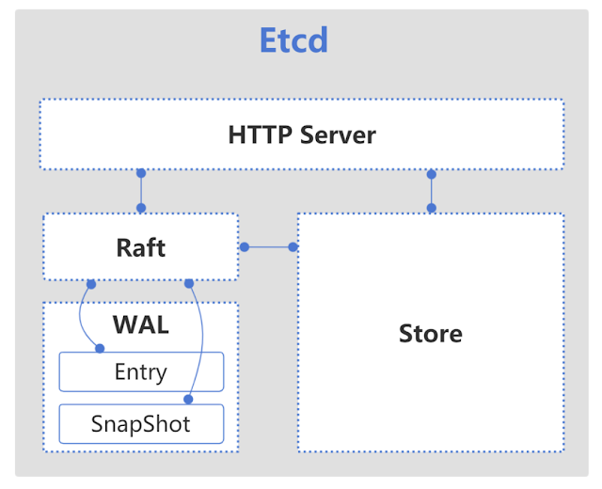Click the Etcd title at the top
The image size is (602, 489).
pyautogui.click(x=293, y=40)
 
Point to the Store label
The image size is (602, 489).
pyautogui.click(x=430, y=333)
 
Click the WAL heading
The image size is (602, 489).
pyautogui.click(x=140, y=324)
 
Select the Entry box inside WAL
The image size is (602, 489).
pyautogui.click(x=141, y=372)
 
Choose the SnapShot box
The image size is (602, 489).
pyautogui.click(x=141, y=424)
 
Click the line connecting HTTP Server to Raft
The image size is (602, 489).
pyautogui.click(x=141, y=191)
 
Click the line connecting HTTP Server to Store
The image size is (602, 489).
pyautogui.click(x=432, y=191)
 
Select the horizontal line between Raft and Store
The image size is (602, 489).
pyautogui.click(x=268, y=247)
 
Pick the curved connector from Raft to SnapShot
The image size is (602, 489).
pyautogui.click(x=203, y=339)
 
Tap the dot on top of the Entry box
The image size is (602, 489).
pyautogui.click(x=100, y=350)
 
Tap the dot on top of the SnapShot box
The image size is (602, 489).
pyautogui.click(x=191, y=402)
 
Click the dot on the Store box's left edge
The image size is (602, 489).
pyautogui.click(x=293, y=247)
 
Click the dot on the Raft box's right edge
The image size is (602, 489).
pyautogui.click(x=244, y=247)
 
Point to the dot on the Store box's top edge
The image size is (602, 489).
pyautogui.click(x=432, y=208)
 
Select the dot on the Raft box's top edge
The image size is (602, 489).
pyautogui.click(x=141, y=208)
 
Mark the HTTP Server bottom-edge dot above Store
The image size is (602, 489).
pyautogui.click(x=432, y=174)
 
